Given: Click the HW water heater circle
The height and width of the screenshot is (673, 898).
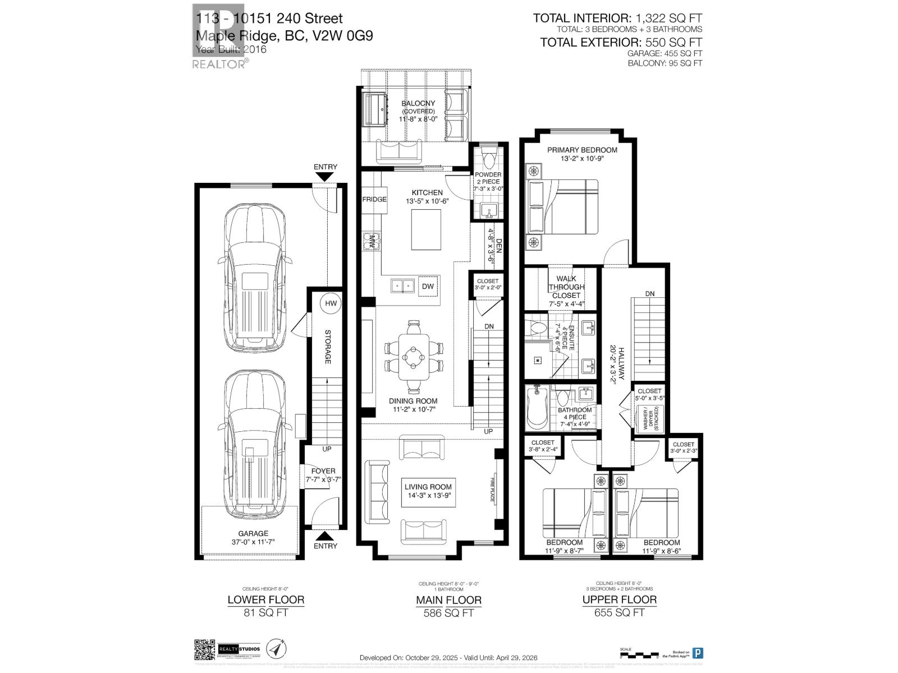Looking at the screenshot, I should pos(331,303).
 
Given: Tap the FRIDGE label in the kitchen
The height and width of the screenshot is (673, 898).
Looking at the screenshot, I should pos(374,199).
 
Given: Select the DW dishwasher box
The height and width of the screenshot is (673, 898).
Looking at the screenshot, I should pos(428,287).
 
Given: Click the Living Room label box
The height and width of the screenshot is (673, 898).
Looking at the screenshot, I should pos(428,491).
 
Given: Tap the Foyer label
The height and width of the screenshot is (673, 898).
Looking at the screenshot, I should pos(323,471).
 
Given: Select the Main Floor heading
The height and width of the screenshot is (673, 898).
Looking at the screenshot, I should pos(448,600).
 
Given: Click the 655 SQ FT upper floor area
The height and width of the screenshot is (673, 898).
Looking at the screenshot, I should pos(619,612).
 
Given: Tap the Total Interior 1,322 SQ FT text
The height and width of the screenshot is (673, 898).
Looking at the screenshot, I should pos(617,19).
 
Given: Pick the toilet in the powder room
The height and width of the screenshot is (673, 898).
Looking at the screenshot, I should pos(487,158).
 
